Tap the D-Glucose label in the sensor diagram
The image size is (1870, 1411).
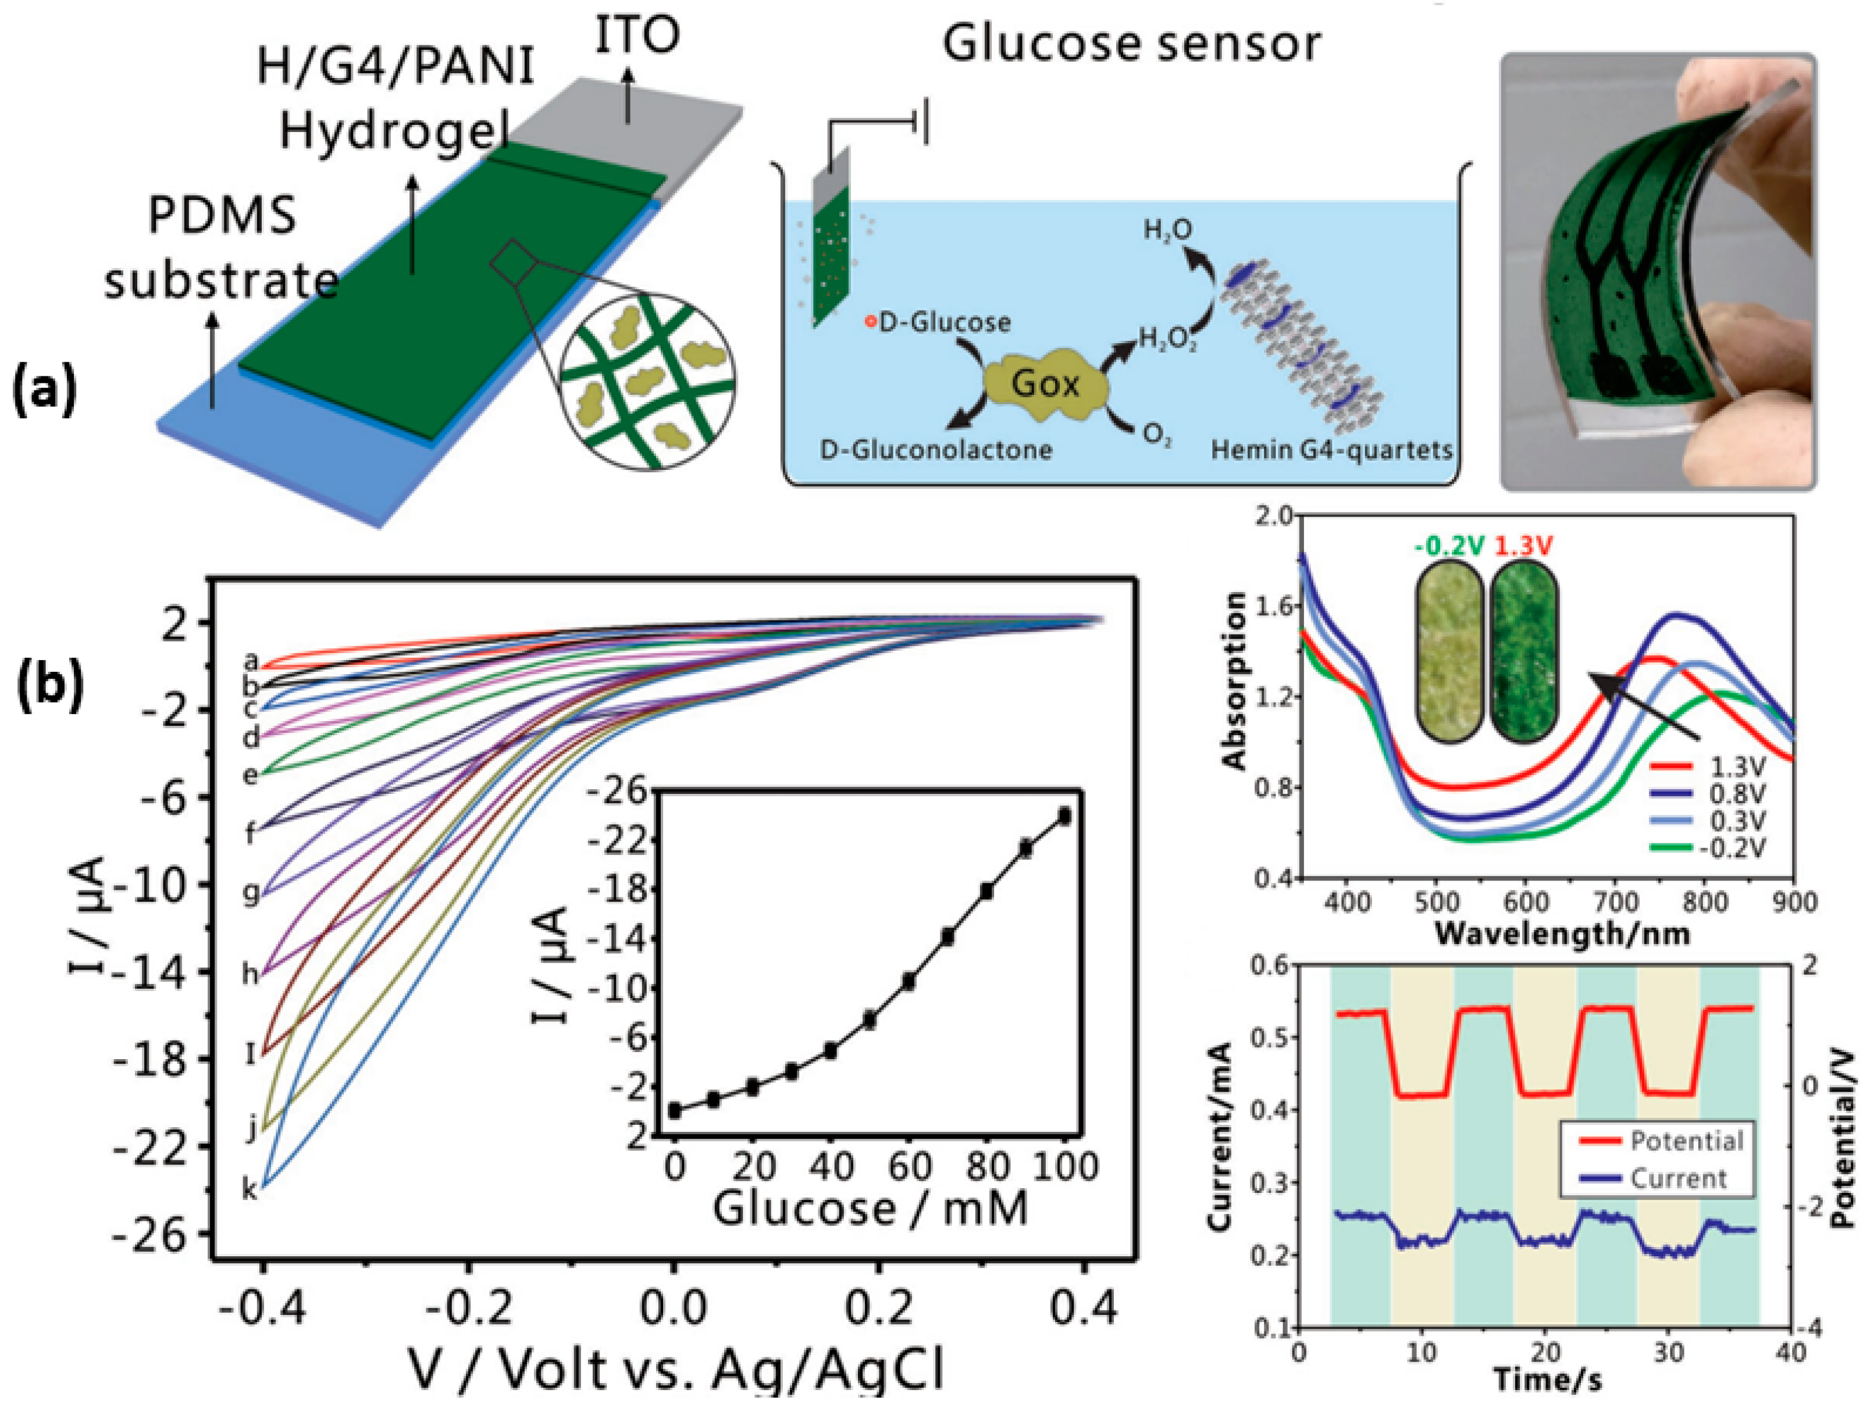pyautogui.click(x=943, y=322)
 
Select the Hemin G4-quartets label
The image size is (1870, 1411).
pyautogui.click(x=1331, y=450)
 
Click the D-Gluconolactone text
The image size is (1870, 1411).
pyautogui.click(x=936, y=450)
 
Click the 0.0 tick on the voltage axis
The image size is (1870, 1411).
pyautogui.click(x=673, y=1307)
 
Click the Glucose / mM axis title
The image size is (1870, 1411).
pyautogui.click(x=871, y=1208)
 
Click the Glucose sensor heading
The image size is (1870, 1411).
pyautogui.click(x=1131, y=44)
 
